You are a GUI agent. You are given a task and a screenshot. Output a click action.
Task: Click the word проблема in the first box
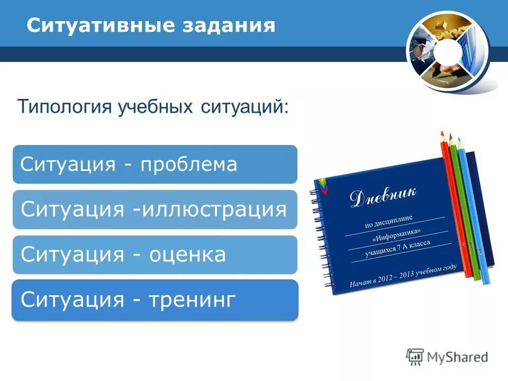pyautogui.click(x=188, y=165)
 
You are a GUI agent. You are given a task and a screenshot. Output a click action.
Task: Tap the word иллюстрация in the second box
pyautogui.click(x=214, y=210)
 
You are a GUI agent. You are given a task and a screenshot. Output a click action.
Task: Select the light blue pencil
pyautogui.click(x=474, y=212)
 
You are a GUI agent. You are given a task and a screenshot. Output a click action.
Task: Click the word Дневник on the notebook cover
pyautogui.click(x=383, y=196)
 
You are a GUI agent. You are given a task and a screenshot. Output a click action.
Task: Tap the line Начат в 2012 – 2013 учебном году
pyautogui.click(x=402, y=276)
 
